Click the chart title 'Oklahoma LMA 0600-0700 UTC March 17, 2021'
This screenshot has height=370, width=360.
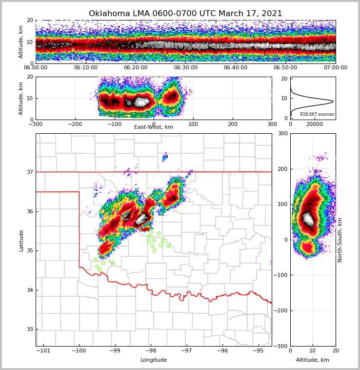click(185, 14)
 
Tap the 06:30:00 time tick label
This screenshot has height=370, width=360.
click(185, 68)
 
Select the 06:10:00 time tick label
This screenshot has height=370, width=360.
click(85, 68)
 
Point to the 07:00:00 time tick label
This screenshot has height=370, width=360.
click(335, 68)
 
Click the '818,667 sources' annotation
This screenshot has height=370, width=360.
click(317, 114)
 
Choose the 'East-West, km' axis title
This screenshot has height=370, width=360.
click(154, 127)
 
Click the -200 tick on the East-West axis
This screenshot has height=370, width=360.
click(75, 124)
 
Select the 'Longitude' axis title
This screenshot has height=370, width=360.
click(154, 360)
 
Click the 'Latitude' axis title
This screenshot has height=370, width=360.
click(21, 240)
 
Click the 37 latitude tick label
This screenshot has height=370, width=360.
click(29, 172)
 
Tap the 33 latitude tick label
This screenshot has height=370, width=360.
click(29, 329)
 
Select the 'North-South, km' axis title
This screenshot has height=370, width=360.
click(340, 240)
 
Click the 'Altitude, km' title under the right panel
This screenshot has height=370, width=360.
click(313, 360)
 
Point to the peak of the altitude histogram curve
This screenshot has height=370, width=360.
click(333, 102)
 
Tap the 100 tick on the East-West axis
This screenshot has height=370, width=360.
click(193, 124)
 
